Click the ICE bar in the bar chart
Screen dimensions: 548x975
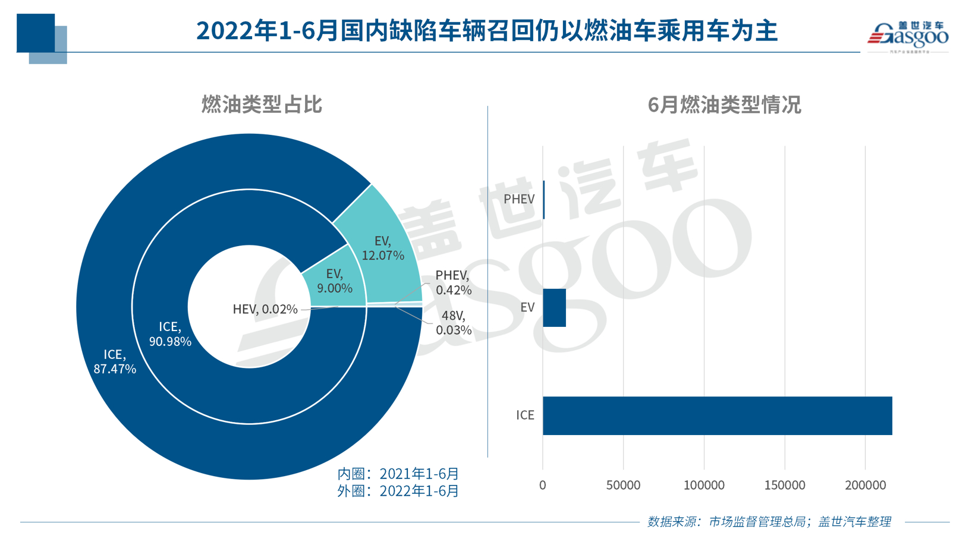tap(716, 415)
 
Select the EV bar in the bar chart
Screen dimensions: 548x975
tap(554, 307)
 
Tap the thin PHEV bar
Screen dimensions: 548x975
tap(544, 200)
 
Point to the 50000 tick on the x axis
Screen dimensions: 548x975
tap(623, 485)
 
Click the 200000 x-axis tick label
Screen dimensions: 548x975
tap(865, 485)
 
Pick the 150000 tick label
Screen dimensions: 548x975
tap(784, 485)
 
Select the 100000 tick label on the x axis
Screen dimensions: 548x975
tap(704, 485)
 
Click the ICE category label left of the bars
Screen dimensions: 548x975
tap(525, 415)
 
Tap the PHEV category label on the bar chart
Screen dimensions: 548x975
tap(519, 199)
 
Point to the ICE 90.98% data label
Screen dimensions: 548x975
tap(170, 334)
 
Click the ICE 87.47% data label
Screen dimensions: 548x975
tap(115, 361)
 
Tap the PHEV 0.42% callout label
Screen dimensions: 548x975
tap(453, 282)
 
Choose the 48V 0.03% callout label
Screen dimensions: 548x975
tap(454, 323)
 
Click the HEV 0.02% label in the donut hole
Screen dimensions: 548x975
tap(265, 309)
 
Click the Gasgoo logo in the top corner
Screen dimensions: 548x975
tap(907, 36)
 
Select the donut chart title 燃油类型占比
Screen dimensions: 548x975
tap(262, 105)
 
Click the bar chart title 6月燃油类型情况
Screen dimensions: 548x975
tap(724, 105)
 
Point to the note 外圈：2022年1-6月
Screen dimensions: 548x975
tap(398, 491)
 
